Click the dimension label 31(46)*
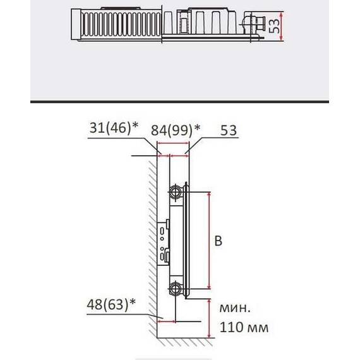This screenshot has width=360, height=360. (114, 128)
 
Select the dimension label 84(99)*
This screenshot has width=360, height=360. (176, 130)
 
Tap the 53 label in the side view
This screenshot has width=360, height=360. (229, 130)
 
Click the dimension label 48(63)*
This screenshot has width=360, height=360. (111, 304)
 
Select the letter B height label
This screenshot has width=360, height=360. (219, 241)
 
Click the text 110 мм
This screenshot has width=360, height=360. (244, 327)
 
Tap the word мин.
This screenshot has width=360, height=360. (235, 308)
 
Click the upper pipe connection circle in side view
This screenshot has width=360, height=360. (176, 192)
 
